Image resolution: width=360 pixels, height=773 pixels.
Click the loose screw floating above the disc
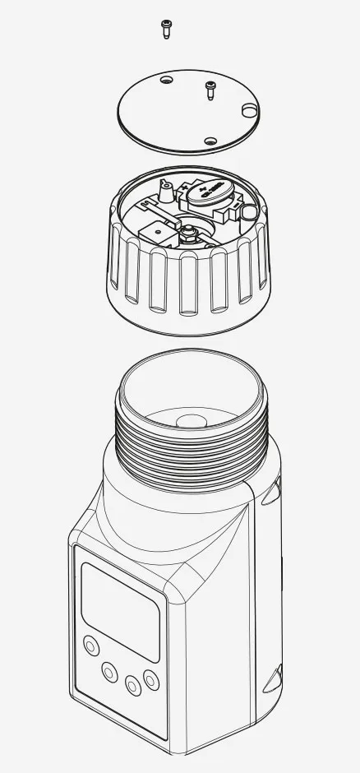click(165, 30)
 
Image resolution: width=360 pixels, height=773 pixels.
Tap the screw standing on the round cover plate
click(210, 89)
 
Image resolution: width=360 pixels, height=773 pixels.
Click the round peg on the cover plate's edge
click(247, 110)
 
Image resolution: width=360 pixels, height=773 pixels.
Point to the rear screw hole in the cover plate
click(167, 81)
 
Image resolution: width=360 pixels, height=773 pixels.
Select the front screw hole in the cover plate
click(210, 141)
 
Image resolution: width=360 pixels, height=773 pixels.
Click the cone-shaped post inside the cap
click(165, 194)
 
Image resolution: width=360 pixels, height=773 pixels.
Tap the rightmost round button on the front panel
click(150, 679)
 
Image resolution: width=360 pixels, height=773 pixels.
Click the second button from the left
click(109, 673)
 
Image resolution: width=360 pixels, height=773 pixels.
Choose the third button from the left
click(132, 683)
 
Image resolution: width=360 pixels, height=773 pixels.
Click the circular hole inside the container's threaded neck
click(191, 420)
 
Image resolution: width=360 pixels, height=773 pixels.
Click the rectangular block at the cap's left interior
click(154, 231)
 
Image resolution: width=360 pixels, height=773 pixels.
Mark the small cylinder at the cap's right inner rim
click(247, 213)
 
